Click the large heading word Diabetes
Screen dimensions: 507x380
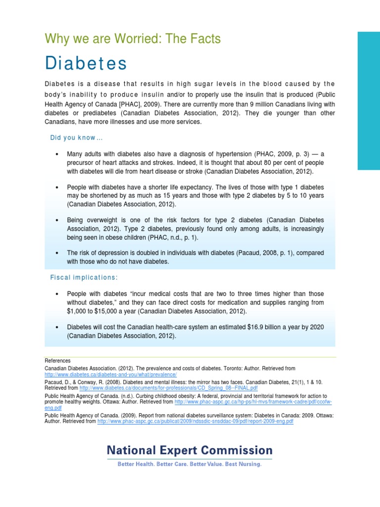[x=86, y=64]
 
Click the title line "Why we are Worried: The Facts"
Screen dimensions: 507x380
[x=133, y=38]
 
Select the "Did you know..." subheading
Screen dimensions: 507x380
[x=76, y=137]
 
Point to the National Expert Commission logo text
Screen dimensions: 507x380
[x=190, y=450]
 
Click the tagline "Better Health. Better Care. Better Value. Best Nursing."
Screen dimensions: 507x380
[x=189, y=464]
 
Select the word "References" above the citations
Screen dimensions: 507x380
[x=58, y=360]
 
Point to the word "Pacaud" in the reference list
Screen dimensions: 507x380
[x=53, y=382]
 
